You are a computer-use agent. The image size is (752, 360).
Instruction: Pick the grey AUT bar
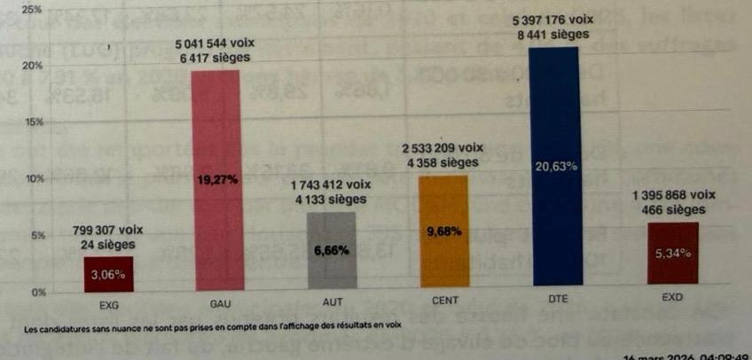point(331,251)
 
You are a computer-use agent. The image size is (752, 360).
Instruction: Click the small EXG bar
point(108,270)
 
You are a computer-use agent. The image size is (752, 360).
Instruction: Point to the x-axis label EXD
point(671,299)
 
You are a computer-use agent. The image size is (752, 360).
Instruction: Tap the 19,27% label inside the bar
point(217,179)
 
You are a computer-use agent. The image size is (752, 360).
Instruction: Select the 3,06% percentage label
point(108,274)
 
